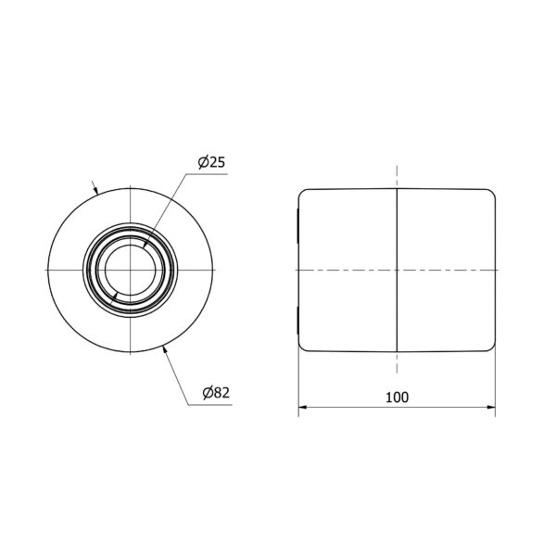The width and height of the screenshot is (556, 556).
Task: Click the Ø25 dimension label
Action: point(211,162)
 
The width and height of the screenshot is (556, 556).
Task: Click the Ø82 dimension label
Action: point(216,393)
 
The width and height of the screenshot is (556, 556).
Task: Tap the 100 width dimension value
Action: point(397,398)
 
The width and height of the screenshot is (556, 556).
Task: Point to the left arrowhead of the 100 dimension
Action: point(302,407)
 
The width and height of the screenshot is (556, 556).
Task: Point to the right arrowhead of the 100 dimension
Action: point(491,407)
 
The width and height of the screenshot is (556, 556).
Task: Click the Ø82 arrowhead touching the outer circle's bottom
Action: point(165,349)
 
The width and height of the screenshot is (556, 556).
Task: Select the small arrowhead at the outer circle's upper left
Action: point(95,191)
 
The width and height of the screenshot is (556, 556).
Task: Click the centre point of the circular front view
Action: point(131,271)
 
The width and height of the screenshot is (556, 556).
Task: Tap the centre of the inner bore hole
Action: point(131,271)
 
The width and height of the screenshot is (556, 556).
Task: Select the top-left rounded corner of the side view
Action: point(301,192)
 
